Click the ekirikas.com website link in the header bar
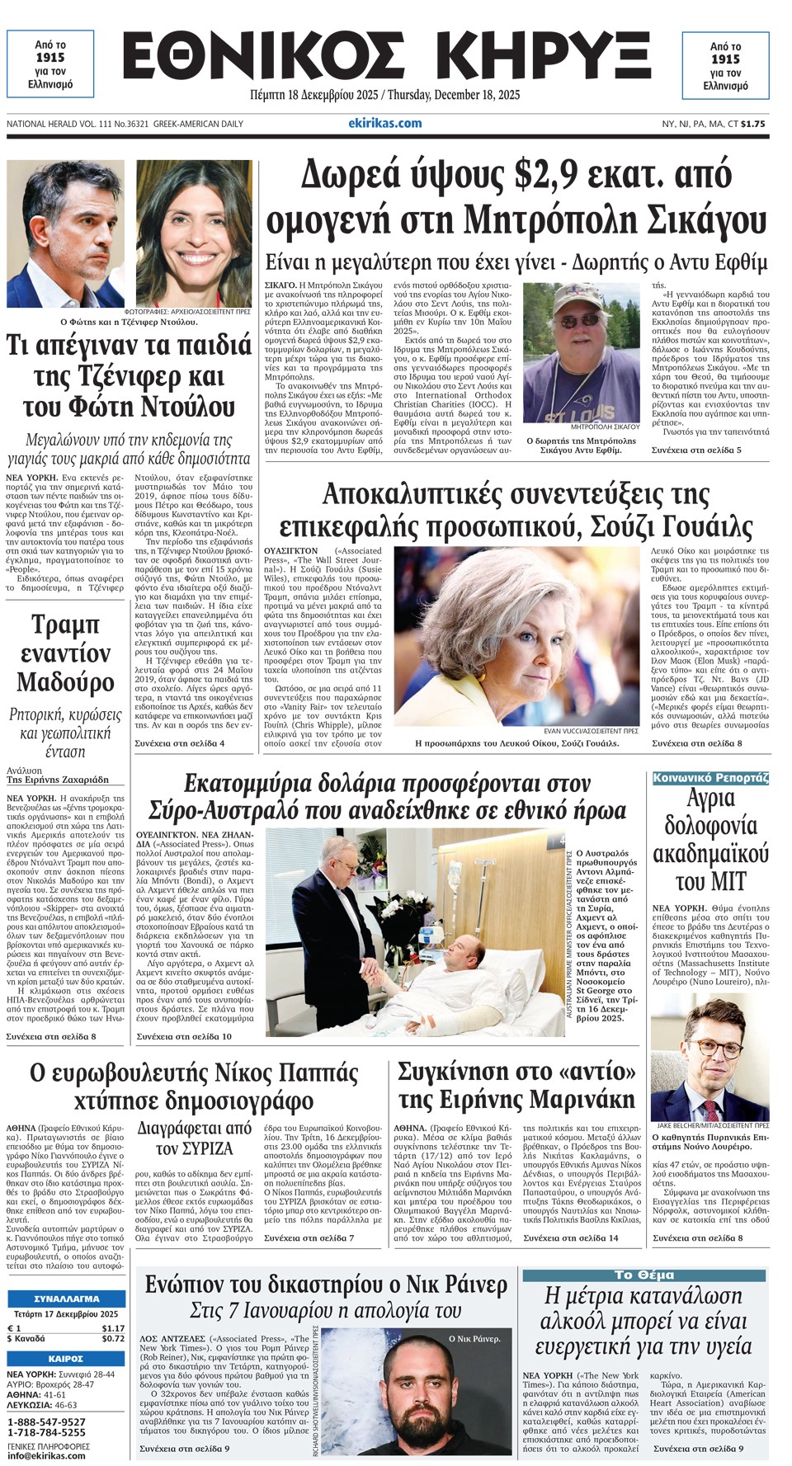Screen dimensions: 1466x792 384,124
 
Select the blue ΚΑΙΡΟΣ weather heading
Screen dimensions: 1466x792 65,1358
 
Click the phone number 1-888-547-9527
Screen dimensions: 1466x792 46,1422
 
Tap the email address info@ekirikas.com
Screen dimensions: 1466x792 45,1455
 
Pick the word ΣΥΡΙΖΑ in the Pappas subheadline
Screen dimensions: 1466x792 206,1148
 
